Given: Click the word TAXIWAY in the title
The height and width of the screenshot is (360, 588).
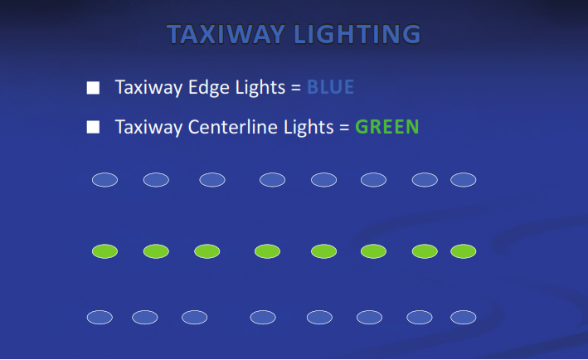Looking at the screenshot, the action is [226, 34].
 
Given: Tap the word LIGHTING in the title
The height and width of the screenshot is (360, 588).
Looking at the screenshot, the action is [357, 34].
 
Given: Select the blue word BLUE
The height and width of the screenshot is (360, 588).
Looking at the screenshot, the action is [330, 87].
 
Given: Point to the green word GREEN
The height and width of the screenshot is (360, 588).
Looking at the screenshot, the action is [387, 127].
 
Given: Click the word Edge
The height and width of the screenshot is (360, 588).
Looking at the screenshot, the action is [209, 88].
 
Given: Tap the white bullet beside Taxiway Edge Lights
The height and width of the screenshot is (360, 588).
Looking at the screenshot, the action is [93, 88].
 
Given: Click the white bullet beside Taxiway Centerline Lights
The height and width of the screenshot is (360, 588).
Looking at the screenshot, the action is [93, 127].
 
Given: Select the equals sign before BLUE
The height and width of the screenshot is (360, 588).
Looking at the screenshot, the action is [296, 88].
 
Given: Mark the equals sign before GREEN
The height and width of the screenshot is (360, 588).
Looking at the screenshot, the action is [344, 128].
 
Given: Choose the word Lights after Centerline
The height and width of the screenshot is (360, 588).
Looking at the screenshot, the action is [309, 128].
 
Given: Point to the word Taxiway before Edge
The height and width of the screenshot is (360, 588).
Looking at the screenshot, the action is [148, 88].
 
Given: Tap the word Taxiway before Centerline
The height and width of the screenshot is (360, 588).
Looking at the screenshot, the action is [148, 128].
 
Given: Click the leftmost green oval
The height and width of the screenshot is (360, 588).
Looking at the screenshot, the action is [105, 251].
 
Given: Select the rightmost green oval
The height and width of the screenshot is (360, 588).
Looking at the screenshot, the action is [464, 251].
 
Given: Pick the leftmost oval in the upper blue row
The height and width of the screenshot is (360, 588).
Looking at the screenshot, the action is [105, 180].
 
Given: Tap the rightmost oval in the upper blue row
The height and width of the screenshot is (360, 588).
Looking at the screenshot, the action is [464, 180].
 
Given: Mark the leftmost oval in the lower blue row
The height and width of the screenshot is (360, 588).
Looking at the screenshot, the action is [100, 317].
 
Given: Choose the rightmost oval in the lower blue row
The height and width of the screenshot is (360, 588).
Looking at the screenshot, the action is [464, 317].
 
